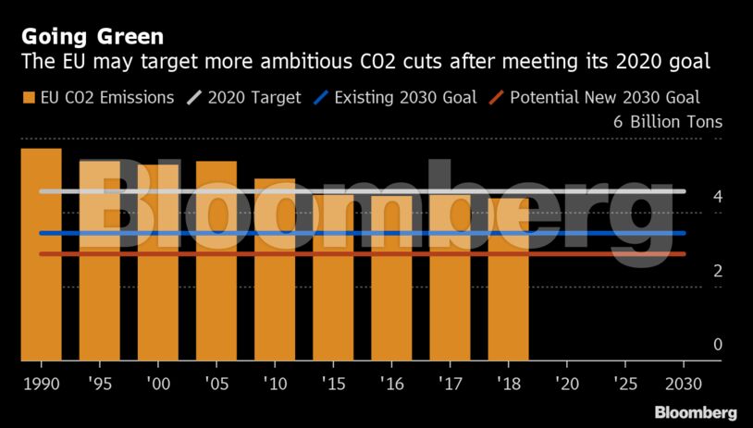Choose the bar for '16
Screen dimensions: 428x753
pyautogui.click(x=391, y=277)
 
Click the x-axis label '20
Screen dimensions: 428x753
pyautogui.click(x=566, y=382)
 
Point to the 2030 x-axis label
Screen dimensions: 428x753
pyautogui.click(x=684, y=382)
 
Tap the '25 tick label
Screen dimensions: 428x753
pyautogui.click(x=624, y=382)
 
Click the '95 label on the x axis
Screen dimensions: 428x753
pyautogui.click(x=99, y=382)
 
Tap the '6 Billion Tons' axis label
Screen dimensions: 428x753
pyautogui.click(x=667, y=122)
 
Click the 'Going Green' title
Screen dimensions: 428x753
pyautogui.click(x=93, y=37)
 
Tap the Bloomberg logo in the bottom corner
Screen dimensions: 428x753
pyautogui.click(x=696, y=412)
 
